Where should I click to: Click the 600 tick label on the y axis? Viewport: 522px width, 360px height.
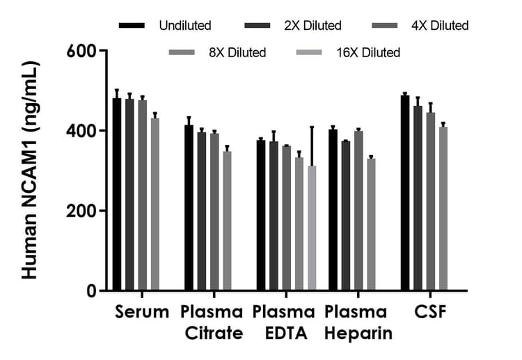[x=85, y=52]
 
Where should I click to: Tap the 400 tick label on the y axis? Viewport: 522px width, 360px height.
[x=85, y=131]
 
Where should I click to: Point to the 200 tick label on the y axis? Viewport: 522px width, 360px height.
[x=85, y=211]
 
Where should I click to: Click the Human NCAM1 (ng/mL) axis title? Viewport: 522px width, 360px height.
[x=29, y=170]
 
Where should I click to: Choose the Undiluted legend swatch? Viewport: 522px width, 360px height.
[x=132, y=26]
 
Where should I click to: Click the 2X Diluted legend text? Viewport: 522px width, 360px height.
[x=313, y=26]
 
